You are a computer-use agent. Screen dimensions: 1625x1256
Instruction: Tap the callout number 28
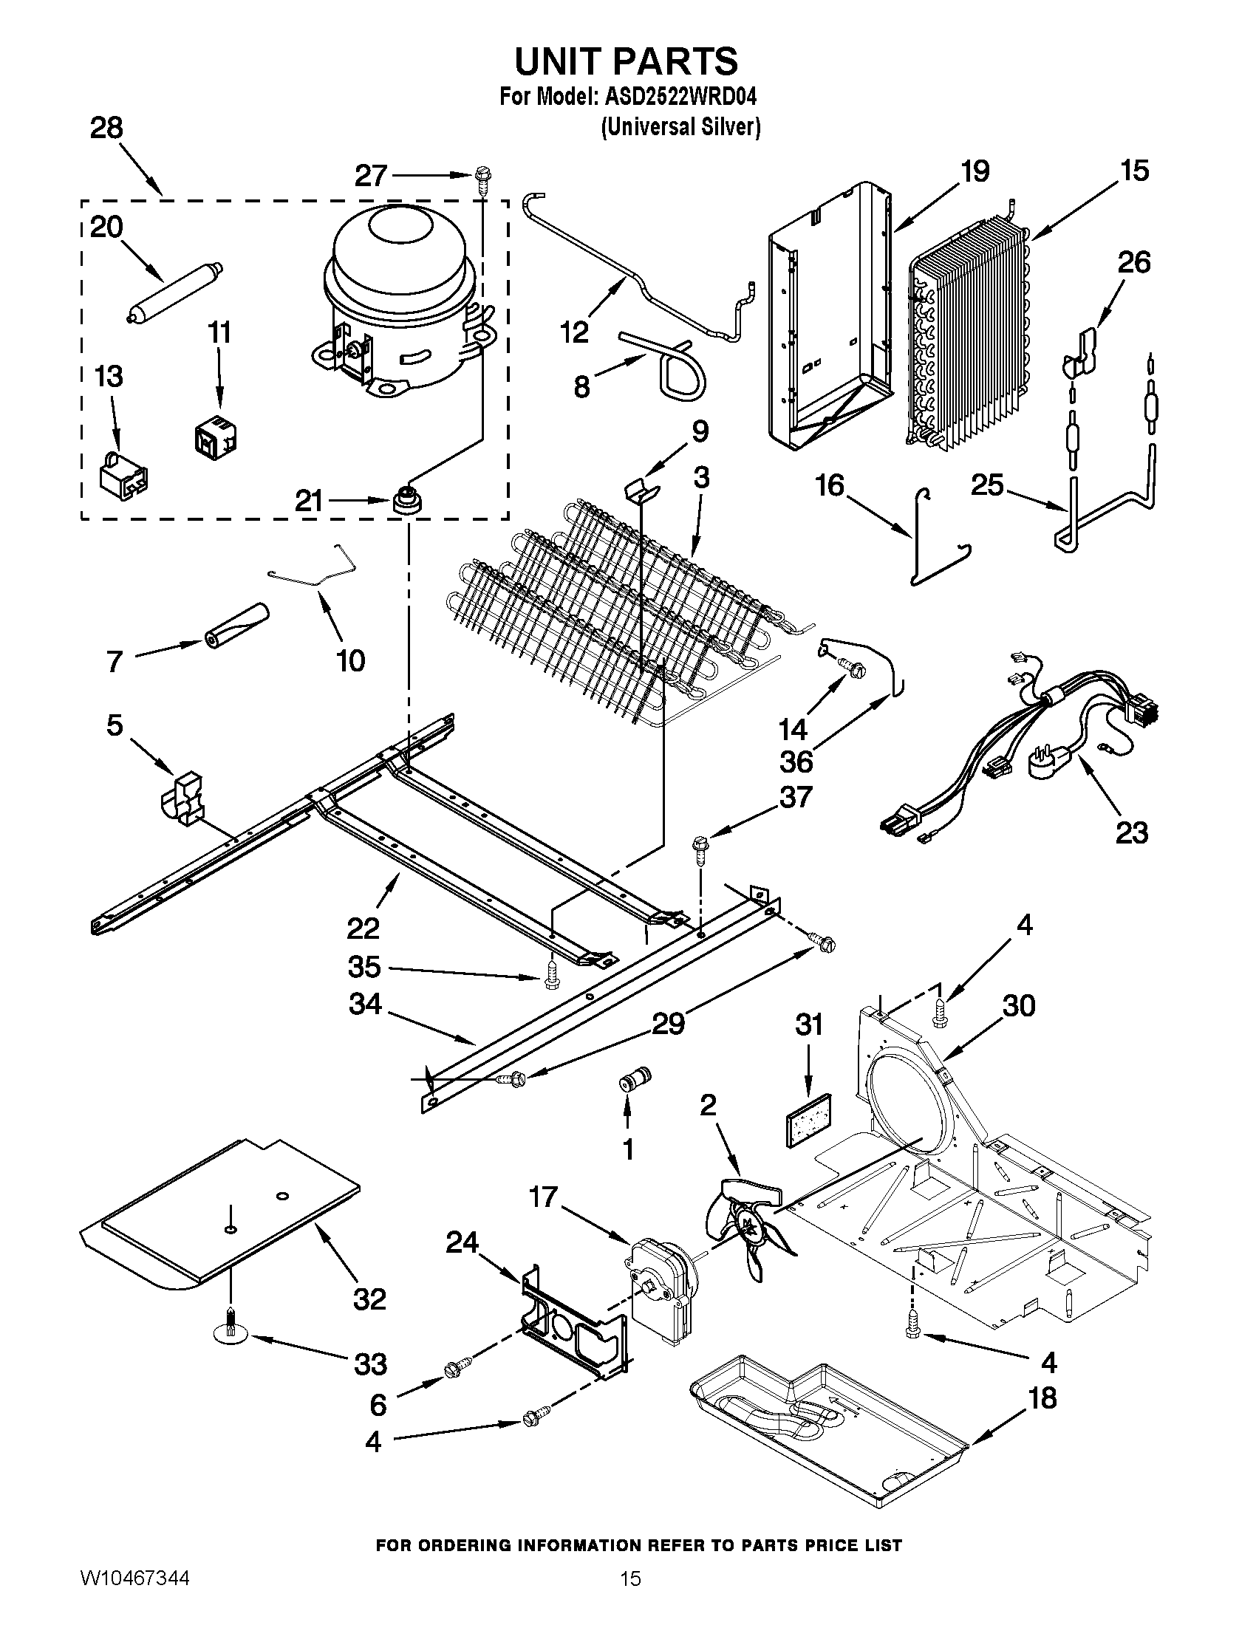(106, 129)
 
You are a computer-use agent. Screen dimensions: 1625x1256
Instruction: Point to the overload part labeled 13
(123, 473)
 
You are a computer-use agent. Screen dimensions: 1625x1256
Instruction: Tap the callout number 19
(975, 172)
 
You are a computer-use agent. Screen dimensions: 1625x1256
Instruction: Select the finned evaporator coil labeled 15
(967, 335)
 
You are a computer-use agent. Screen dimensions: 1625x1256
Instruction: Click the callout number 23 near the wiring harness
(1131, 832)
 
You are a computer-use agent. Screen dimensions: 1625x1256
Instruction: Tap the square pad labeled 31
(809, 1115)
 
